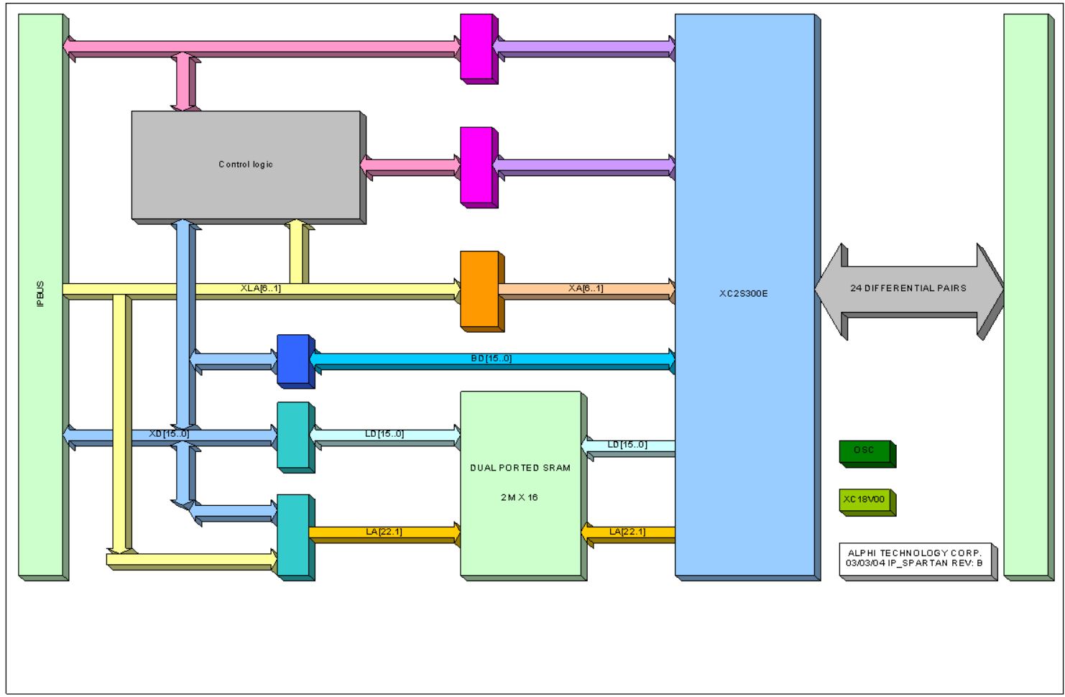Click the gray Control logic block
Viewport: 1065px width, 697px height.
[x=245, y=165]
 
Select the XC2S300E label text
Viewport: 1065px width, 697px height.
[x=744, y=294]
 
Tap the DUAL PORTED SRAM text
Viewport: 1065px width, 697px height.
[x=520, y=468]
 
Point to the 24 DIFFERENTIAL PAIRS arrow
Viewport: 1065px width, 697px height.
[x=908, y=289]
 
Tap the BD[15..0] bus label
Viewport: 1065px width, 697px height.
[x=492, y=358]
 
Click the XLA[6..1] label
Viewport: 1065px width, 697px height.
[x=261, y=288]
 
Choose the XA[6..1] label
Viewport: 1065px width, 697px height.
[x=586, y=288]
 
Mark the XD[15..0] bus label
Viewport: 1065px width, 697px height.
[x=169, y=434]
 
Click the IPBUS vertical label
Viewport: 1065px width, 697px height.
[x=40, y=295]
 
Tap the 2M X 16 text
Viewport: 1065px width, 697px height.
[x=520, y=497]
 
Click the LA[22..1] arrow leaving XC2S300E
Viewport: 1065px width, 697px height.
[x=627, y=532]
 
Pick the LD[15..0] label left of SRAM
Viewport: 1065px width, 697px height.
[x=384, y=434]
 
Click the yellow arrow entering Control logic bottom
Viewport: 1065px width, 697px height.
[x=296, y=251]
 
